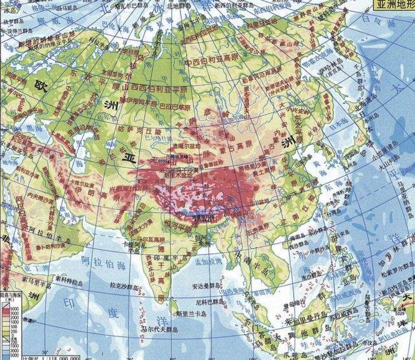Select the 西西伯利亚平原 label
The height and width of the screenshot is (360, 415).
(151, 86)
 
